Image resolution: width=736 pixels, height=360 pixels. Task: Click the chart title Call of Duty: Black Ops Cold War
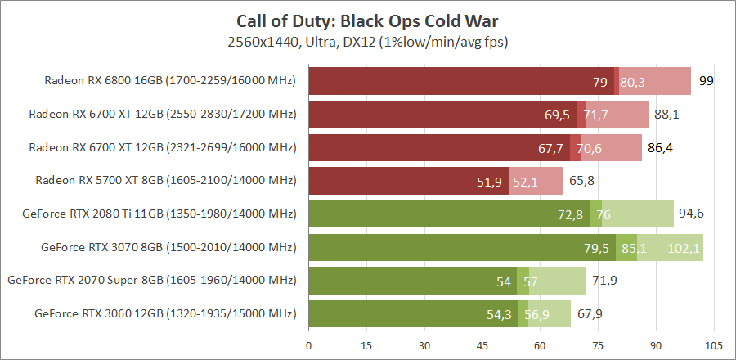click(367, 20)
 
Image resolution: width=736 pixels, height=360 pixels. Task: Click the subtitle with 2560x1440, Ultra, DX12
click(367, 40)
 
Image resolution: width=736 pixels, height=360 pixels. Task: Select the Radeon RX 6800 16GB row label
click(170, 80)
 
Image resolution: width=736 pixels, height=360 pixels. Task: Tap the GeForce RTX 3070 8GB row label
click(168, 246)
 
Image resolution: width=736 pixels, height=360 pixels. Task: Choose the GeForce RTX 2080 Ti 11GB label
click(160, 214)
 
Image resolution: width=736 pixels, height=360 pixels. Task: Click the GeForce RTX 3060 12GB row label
click(165, 313)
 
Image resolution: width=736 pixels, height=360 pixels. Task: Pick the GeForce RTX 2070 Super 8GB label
click(151, 280)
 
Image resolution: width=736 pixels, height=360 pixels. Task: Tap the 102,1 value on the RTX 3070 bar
click(684, 247)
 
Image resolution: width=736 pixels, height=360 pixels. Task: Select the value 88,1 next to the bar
click(665, 115)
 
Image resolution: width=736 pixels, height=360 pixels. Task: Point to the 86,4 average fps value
click(658, 147)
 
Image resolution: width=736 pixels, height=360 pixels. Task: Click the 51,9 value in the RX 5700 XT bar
click(489, 181)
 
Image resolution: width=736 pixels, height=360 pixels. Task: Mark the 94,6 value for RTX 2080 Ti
click(689, 214)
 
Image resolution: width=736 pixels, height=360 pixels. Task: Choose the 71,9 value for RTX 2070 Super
click(604, 281)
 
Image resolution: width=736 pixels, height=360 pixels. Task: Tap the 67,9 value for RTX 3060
click(588, 313)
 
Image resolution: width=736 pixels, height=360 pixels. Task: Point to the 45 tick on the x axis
click(482, 344)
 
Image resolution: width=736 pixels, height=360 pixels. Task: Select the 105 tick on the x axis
click(713, 344)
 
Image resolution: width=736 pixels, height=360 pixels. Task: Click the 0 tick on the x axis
click(309, 344)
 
